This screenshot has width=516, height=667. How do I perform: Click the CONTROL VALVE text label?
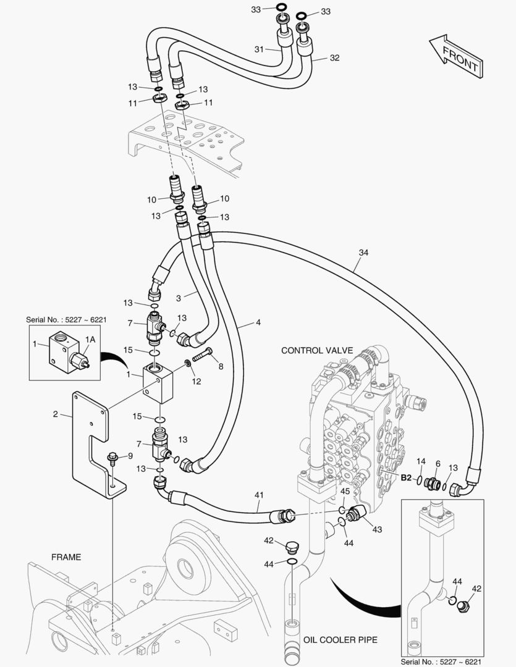coord(317,350)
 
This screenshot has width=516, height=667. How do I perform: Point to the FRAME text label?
coord(66,556)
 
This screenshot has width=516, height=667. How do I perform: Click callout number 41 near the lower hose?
coord(259,495)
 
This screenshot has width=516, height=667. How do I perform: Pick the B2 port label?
coord(406,477)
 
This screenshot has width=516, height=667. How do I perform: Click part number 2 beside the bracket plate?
coord(55,414)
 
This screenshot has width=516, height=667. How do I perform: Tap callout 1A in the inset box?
coord(90,339)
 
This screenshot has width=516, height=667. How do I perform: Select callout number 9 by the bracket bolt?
coord(130,456)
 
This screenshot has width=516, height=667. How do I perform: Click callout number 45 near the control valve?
coord(345,491)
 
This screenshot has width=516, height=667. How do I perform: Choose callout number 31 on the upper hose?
coord(258,49)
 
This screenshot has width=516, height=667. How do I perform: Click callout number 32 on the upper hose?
coord(334,58)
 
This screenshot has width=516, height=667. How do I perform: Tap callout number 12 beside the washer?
coord(197,381)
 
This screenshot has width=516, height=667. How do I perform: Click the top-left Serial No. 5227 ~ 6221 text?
coord(66,320)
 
